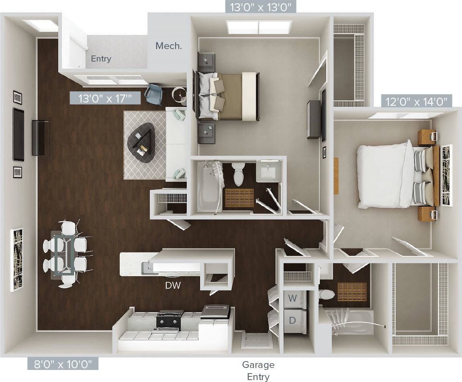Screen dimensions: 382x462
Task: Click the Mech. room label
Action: point(169,46)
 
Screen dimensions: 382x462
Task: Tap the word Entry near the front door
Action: point(101,59)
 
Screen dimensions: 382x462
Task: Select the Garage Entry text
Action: point(258,370)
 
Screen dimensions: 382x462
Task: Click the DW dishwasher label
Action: point(173,285)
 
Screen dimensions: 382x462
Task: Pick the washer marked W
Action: point(293,298)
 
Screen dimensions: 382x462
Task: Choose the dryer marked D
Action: point(293,320)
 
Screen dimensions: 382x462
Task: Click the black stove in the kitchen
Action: point(170,320)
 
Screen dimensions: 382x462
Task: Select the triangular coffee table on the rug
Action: point(142,143)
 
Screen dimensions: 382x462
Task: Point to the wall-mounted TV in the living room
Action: point(18,134)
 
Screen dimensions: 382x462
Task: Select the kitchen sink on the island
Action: point(149,267)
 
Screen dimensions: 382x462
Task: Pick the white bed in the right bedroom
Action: point(386,176)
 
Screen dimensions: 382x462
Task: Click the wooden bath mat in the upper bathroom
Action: point(239,197)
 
